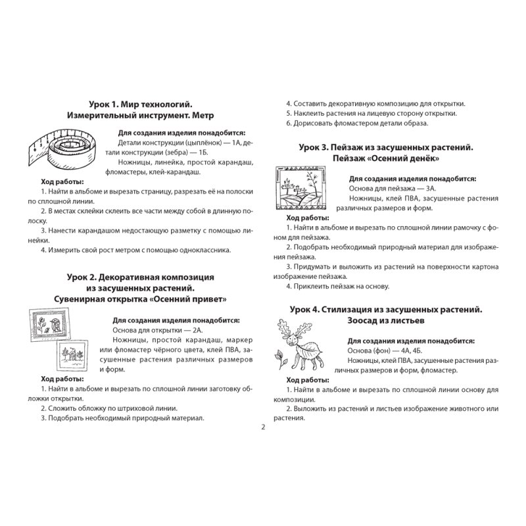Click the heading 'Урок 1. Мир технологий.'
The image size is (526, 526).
140,103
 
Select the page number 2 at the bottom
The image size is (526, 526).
262,428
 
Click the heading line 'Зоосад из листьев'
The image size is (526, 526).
386,321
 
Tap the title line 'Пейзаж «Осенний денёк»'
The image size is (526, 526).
386,158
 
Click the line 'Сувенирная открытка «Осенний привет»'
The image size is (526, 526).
140,299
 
